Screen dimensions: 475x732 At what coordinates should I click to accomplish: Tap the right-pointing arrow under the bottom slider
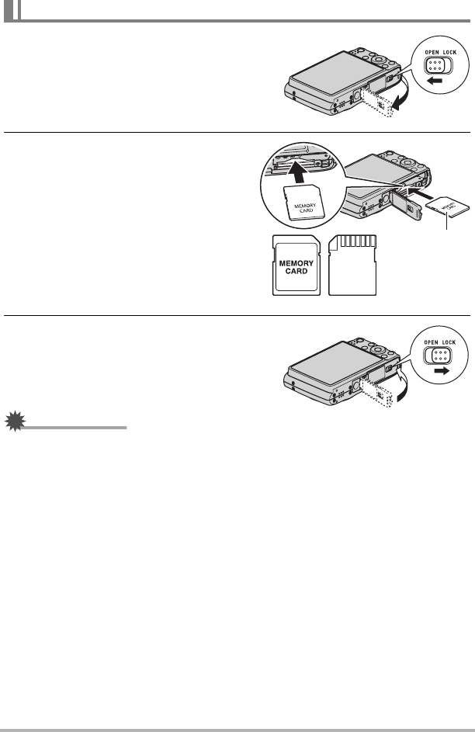click(441, 371)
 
